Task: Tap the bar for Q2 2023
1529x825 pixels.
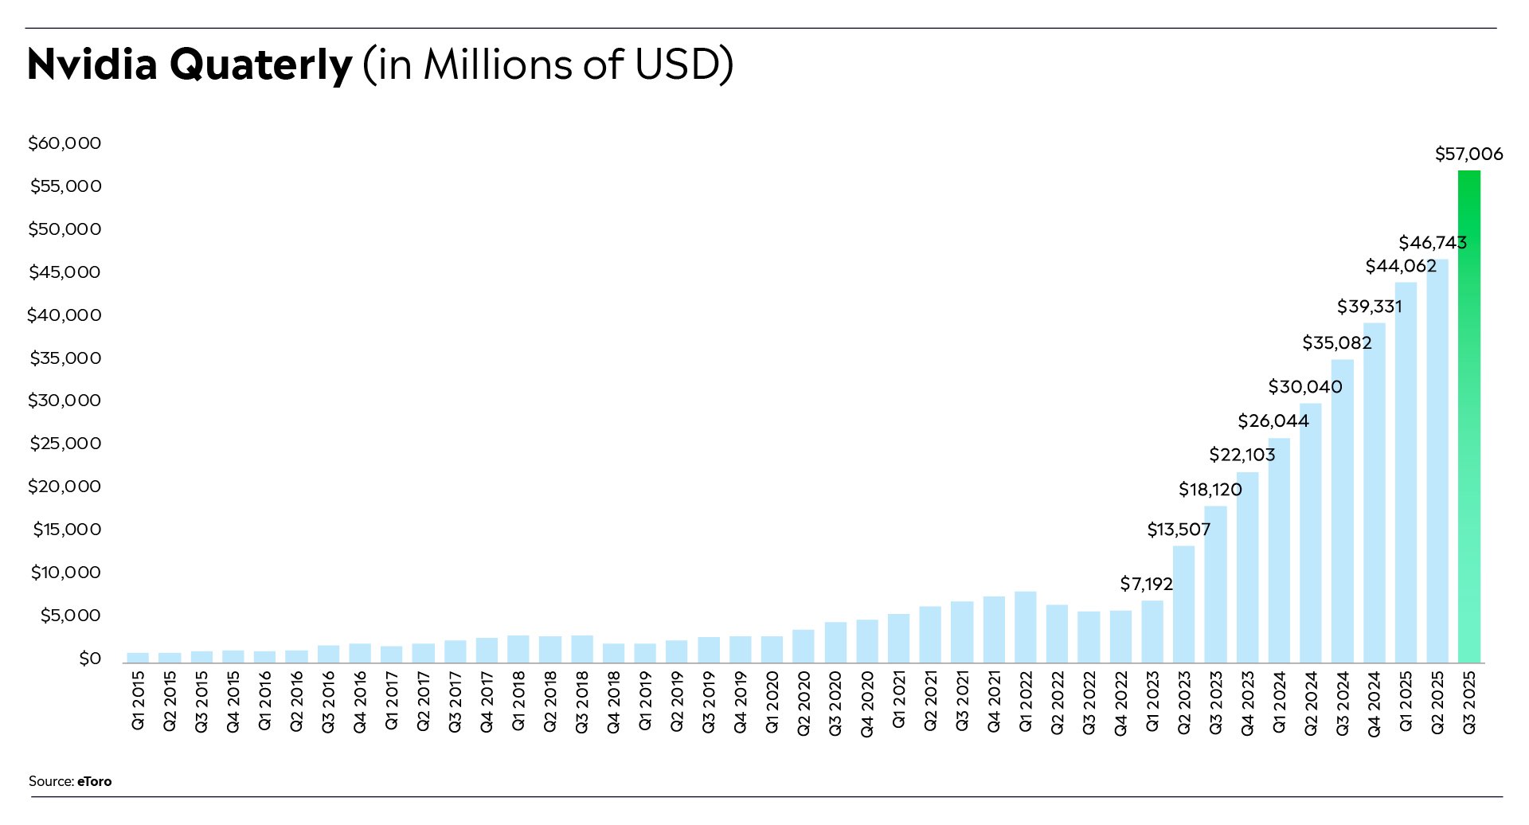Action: (x=1184, y=604)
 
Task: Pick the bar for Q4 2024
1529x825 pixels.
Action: (x=1375, y=493)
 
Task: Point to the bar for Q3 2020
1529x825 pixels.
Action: (x=835, y=643)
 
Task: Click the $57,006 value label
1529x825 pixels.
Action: (x=1468, y=154)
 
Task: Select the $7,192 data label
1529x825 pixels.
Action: (x=1146, y=585)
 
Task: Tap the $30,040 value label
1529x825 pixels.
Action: (x=1304, y=387)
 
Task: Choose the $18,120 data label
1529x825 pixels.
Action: (x=1210, y=490)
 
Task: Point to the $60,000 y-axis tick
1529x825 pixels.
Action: (x=65, y=143)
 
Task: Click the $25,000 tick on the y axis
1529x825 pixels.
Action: (x=65, y=444)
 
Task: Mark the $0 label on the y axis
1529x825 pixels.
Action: (x=90, y=659)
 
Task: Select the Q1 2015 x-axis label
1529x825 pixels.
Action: (x=139, y=701)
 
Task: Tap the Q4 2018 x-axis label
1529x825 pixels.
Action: (x=614, y=702)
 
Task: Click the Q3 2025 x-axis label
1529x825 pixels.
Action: (x=1469, y=702)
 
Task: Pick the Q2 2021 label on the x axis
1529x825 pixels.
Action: (x=930, y=702)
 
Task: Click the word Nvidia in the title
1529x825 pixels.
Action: (x=92, y=65)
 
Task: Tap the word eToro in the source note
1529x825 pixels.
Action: (x=94, y=781)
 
